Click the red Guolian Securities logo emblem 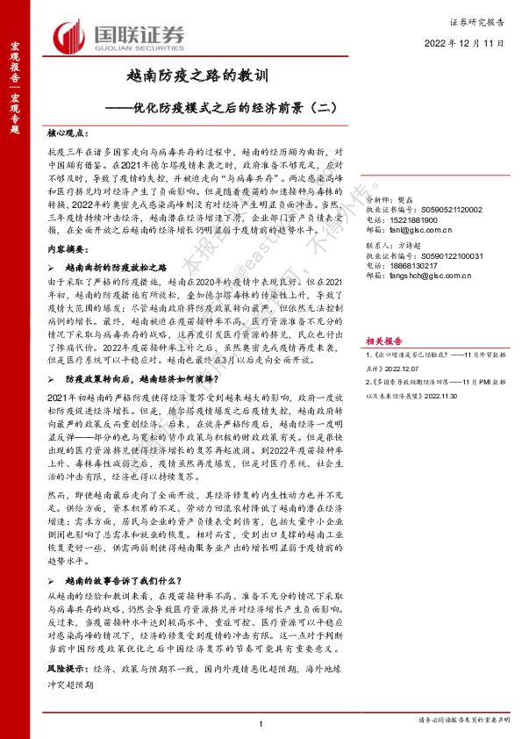70,37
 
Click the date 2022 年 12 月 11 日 464,43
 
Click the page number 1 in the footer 261,721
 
